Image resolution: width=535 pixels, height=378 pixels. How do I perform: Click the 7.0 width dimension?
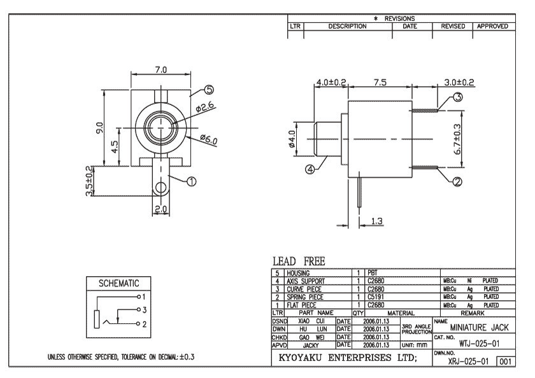[x=160, y=69]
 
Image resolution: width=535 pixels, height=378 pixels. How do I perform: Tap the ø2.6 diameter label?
[x=205, y=108]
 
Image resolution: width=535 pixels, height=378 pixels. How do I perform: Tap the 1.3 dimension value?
[x=377, y=221]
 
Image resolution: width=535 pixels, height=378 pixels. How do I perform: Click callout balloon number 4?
[x=310, y=169]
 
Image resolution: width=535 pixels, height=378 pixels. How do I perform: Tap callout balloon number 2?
[x=456, y=181]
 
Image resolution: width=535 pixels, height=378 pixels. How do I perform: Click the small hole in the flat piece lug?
[x=161, y=187]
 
